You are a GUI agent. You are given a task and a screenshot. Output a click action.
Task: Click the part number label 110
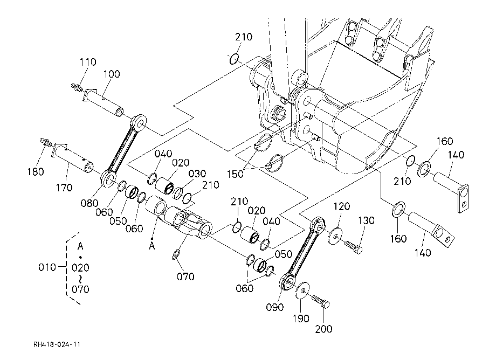pos(88,62)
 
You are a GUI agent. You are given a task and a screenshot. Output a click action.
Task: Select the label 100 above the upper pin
pos(112,74)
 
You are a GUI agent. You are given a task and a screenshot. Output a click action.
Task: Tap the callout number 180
pos(36,172)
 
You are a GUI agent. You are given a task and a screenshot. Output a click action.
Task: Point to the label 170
pos(64,188)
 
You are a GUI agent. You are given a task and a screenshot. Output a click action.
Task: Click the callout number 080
pos(89,203)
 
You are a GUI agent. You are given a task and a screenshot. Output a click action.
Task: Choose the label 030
pos(197,174)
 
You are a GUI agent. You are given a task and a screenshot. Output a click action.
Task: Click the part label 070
pos(185,277)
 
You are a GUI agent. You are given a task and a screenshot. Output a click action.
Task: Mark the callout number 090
pos(274,307)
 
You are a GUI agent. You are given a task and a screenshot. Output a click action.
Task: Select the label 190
pos(300,319)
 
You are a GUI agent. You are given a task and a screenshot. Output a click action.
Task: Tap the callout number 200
pos(323,329)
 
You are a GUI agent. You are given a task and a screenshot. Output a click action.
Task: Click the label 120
pos(342,207)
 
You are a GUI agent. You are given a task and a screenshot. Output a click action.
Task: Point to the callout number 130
pos(366,220)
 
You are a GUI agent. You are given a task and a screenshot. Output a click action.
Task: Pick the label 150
pos(236,174)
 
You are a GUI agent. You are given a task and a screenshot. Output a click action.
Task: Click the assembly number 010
pos(47,267)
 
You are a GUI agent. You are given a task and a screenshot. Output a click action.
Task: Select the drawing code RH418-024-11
pos(57,344)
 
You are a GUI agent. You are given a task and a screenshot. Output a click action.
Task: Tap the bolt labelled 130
pos(353,247)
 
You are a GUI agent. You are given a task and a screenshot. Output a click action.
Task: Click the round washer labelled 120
pos(335,236)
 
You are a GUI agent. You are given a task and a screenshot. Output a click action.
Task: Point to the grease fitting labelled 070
pos(176,254)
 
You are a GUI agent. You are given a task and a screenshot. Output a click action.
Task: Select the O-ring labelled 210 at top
pos(234,59)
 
